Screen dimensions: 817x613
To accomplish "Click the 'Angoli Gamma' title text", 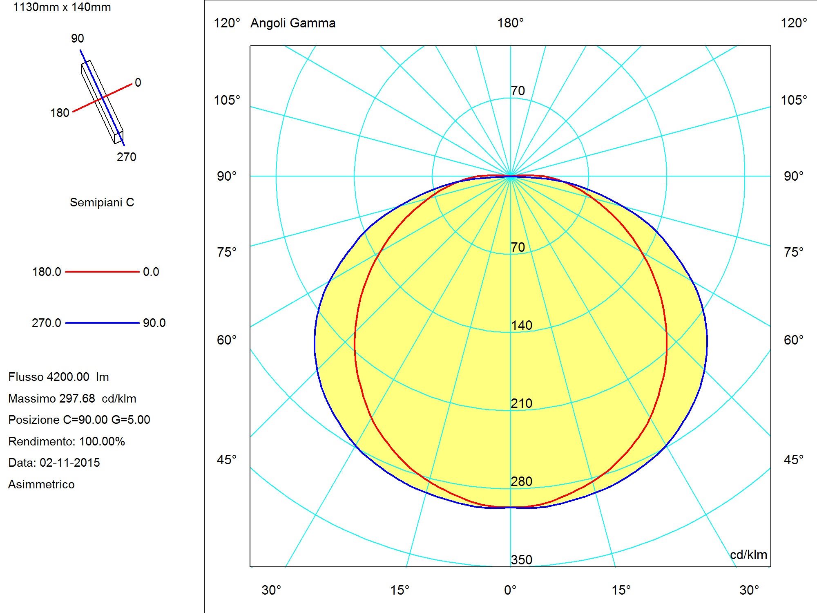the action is (293, 23).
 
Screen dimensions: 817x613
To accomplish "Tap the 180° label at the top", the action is (510, 23).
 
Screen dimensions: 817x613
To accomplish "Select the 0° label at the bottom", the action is (510, 590).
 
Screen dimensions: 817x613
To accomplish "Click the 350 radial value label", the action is (522, 559).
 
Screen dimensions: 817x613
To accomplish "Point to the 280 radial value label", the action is (522, 481).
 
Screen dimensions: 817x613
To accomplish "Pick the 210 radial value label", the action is (522, 403).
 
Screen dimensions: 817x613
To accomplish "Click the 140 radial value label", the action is (522, 325).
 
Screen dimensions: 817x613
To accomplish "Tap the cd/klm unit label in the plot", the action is (748, 555).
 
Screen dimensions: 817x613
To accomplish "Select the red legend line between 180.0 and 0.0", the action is (102, 272).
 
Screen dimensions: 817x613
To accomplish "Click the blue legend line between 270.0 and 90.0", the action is (102, 323).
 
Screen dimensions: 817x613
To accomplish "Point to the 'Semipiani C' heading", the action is (102, 202).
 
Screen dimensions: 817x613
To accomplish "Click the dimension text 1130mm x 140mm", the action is (62, 7).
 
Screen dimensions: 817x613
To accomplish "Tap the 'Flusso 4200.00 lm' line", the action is (58, 377).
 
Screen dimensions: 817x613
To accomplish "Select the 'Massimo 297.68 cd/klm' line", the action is (72, 398).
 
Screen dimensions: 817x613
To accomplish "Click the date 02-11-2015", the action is (70, 463).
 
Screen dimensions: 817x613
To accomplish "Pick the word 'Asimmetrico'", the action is (41, 484).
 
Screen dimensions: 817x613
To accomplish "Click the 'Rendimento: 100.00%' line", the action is (67, 441).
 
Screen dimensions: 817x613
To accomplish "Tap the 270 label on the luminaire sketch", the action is (127, 157).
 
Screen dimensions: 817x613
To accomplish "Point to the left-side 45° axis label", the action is (227, 460).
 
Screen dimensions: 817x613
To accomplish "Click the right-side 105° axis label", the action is (794, 100).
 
